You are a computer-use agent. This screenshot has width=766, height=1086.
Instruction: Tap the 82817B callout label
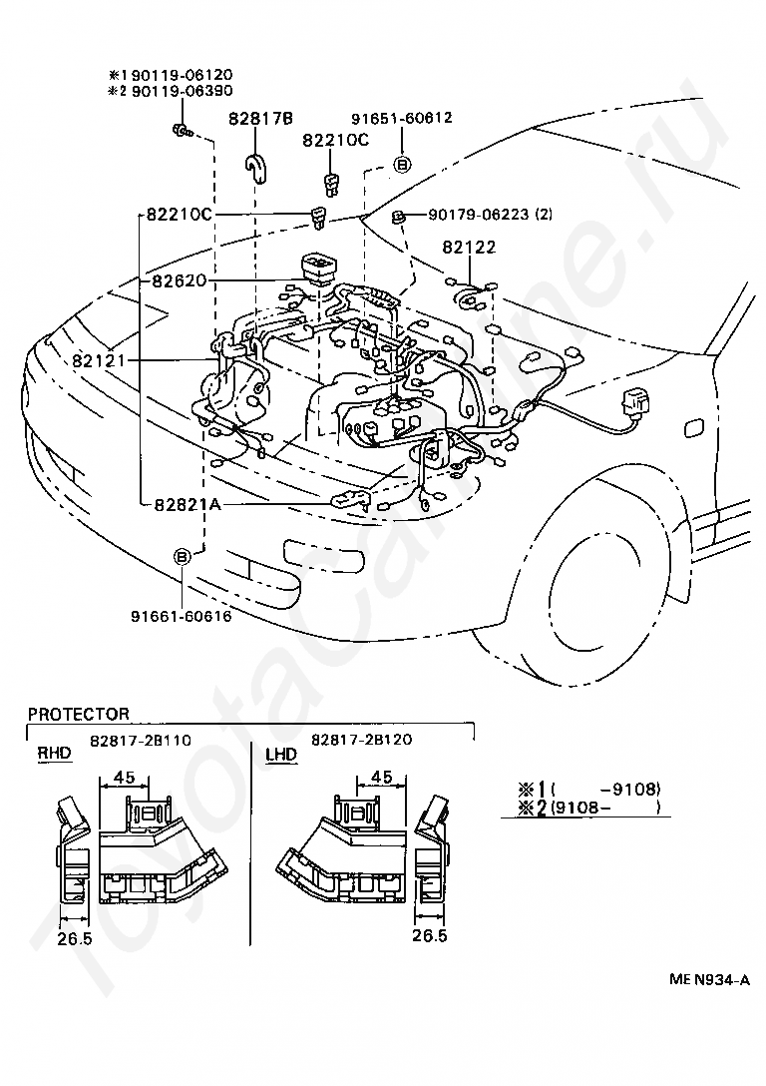261,119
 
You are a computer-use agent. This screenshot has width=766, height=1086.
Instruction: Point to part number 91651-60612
401,118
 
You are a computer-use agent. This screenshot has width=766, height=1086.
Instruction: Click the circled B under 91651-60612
402,164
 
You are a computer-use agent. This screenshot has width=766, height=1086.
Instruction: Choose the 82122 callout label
469,248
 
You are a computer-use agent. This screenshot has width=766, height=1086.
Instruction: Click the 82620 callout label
180,280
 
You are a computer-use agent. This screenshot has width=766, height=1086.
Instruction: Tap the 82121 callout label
99,361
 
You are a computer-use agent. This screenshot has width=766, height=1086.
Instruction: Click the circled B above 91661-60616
182,556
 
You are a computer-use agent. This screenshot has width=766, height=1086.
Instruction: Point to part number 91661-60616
182,616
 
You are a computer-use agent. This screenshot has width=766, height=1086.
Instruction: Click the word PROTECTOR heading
78,714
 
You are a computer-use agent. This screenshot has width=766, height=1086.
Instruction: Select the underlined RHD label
54,754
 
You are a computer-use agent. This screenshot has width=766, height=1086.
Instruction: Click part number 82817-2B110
141,741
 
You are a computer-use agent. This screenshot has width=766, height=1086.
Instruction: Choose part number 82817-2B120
362,741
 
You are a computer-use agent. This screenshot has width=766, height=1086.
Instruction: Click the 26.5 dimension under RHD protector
74,938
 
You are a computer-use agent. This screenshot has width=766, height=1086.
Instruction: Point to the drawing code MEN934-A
709,980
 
